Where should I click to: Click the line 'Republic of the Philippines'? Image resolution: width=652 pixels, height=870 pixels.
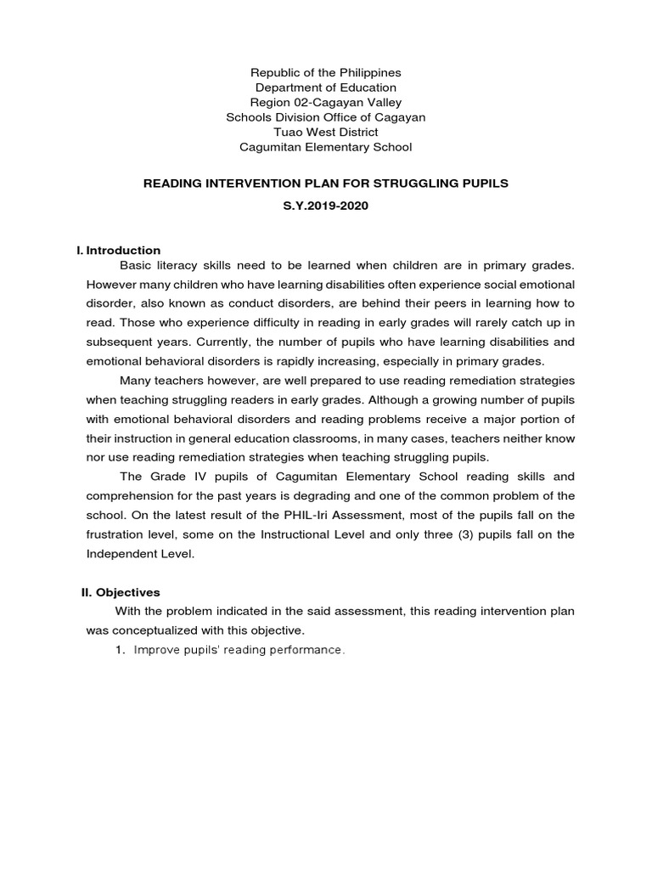click(326, 73)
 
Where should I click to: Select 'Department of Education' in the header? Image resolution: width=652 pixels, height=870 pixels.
click(326, 88)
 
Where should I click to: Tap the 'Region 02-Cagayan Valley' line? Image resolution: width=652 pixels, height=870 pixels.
click(326, 102)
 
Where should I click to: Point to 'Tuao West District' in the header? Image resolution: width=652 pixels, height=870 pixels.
click(326, 132)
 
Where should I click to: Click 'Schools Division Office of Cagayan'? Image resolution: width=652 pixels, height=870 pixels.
click(326, 117)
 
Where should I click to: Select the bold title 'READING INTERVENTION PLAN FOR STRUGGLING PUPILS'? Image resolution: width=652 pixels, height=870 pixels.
click(326, 184)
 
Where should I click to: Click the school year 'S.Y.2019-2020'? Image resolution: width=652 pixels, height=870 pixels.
click(326, 206)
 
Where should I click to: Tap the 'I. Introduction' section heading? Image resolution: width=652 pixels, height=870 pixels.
click(118, 251)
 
